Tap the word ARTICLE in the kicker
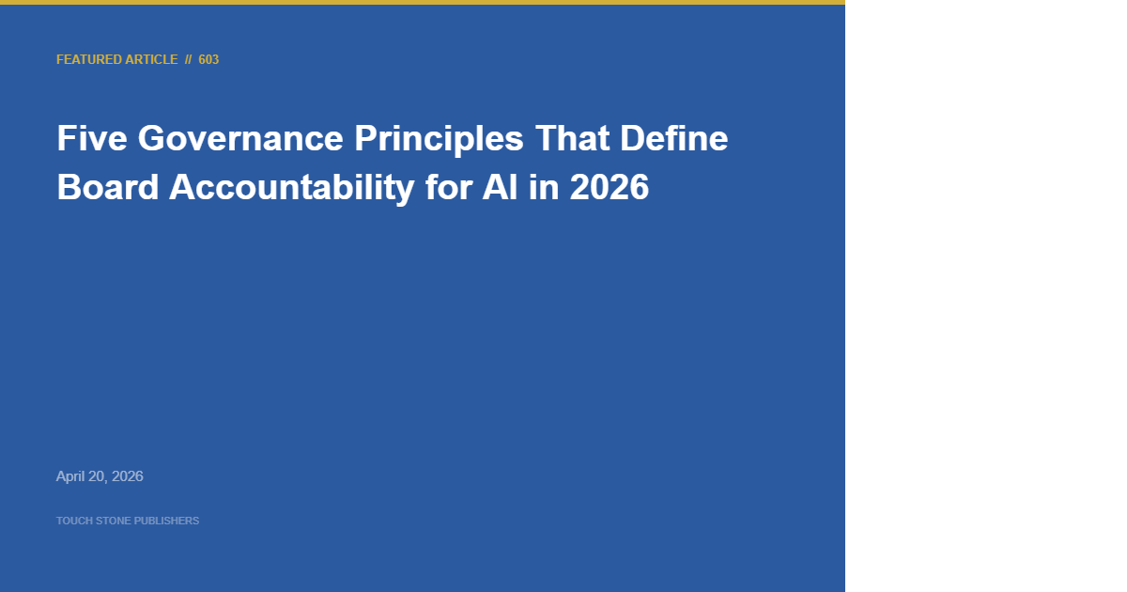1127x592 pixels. (x=151, y=59)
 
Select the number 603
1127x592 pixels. (x=208, y=59)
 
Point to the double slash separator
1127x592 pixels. (x=188, y=59)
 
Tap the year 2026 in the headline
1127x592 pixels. (x=609, y=188)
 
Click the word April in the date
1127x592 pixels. (x=70, y=476)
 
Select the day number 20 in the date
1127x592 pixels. (x=98, y=476)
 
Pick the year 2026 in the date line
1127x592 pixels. (x=128, y=476)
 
